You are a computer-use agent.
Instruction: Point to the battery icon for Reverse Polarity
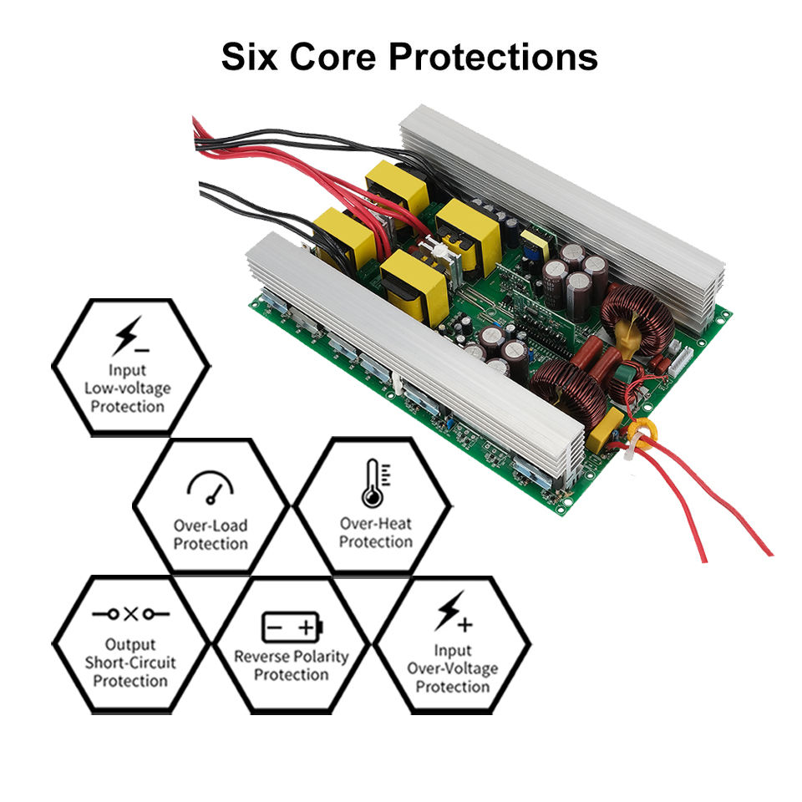pos(291,626)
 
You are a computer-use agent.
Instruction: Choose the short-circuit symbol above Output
pos(130,614)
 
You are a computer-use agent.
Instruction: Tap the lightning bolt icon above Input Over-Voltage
pos(452,612)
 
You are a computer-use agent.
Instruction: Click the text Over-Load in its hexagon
pos(211,525)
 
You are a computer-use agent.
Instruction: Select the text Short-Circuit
pos(130,662)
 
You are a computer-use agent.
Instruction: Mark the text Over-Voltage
pos(452,668)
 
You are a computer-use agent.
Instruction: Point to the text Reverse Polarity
pos(291,656)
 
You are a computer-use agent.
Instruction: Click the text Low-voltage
pos(128,388)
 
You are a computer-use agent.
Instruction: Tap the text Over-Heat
pos(376,524)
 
